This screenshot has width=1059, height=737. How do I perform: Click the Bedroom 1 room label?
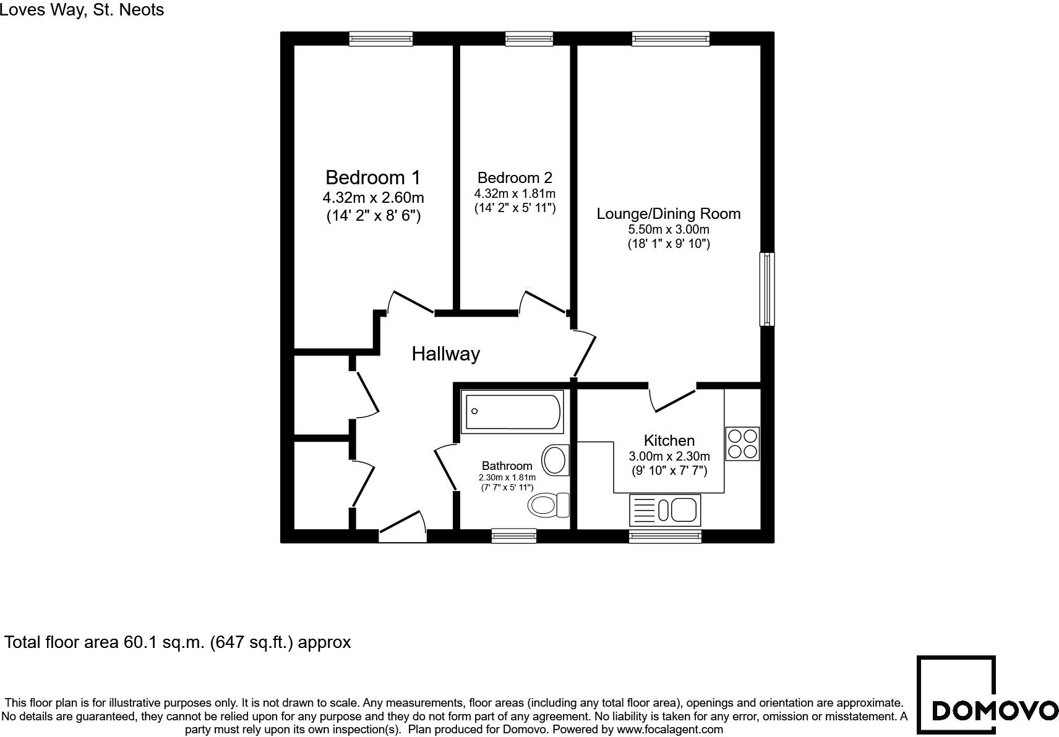click(372, 178)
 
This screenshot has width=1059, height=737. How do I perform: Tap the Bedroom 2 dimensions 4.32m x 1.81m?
click(515, 194)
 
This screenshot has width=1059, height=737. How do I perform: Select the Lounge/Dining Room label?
click(668, 214)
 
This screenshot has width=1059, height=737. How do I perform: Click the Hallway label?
click(445, 354)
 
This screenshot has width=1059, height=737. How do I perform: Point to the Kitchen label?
click(669, 441)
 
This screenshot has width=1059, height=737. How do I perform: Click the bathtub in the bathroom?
click(513, 412)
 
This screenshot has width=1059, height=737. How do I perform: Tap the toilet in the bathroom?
click(548, 505)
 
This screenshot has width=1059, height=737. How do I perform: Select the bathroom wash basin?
click(555, 460)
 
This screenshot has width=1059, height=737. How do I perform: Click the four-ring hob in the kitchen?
click(742, 444)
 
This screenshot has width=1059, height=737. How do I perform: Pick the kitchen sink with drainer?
click(664, 511)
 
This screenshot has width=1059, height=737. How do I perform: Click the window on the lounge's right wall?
click(766, 289)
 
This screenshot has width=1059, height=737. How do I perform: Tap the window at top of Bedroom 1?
click(380, 39)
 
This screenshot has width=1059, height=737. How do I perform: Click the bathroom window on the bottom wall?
click(513, 536)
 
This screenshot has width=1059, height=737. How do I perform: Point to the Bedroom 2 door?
click(543, 302)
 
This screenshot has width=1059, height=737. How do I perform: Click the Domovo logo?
click(986, 696)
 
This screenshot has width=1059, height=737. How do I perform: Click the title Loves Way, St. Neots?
click(82, 9)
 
